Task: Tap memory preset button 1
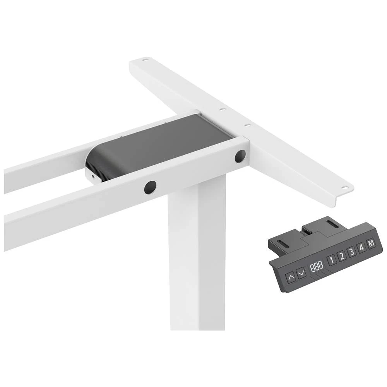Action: (332, 260)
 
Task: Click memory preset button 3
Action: (352, 252)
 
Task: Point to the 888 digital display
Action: (316, 266)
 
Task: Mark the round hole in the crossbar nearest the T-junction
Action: (240, 156)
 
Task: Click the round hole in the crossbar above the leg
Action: (150, 187)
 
